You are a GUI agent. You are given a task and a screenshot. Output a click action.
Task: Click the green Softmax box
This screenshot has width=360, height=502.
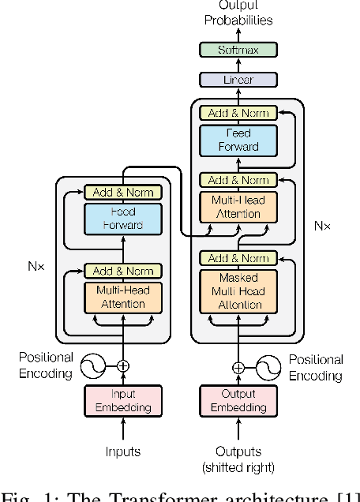pyautogui.click(x=238, y=50)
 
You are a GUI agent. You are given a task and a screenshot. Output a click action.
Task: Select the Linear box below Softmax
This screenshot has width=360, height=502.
pyautogui.click(x=238, y=79)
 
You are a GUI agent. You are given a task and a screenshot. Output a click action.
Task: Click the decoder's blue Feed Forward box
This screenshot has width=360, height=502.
pyautogui.click(x=238, y=140)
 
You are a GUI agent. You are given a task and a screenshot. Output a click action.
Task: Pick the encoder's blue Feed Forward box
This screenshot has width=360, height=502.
pyautogui.click(x=122, y=218)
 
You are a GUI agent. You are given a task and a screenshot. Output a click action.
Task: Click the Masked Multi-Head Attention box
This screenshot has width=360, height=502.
pyautogui.click(x=238, y=290)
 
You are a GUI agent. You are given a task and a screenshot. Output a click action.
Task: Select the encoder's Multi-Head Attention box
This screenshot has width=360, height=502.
pyautogui.click(x=122, y=298)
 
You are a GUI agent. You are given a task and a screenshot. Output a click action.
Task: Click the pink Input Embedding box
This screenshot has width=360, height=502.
pyautogui.click(x=122, y=401)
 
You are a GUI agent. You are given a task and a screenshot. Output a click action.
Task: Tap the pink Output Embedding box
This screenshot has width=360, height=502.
pyautogui.click(x=238, y=401)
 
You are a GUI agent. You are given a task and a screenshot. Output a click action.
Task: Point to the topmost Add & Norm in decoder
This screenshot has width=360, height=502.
pyautogui.click(x=238, y=114)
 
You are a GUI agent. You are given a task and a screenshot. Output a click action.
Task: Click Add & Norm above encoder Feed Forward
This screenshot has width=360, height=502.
pyautogui.click(x=122, y=192)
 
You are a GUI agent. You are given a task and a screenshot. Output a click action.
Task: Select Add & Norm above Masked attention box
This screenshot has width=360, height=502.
pyautogui.click(x=238, y=258)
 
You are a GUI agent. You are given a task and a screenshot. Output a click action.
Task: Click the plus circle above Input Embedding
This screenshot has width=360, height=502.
pyautogui.click(x=122, y=366)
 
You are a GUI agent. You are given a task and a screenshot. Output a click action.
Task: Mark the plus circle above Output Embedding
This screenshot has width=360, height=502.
pyautogui.click(x=238, y=366)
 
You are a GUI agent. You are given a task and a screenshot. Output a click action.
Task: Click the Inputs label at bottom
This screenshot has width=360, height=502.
pyautogui.click(x=122, y=452)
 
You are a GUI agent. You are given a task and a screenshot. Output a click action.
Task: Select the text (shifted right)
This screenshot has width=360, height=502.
pyautogui.click(x=238, y=467)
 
